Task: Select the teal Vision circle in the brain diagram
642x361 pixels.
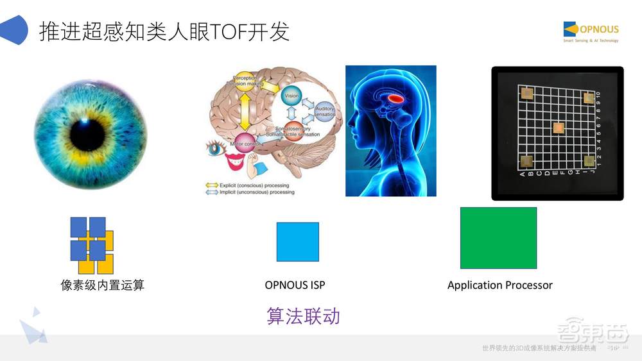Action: click(x=291, y=96)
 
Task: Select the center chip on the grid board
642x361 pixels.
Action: click(x=559, y=128)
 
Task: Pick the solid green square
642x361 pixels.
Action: click(x=498, y=238)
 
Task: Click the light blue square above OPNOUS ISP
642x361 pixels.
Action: click(x=297, y=242)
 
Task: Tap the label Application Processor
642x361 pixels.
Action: click(x=499, y=285)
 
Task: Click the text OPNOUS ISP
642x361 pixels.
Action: click(x=299, y=285)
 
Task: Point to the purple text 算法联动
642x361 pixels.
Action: click(x=303, y=316)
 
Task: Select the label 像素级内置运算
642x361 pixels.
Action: click(x=103, y=285)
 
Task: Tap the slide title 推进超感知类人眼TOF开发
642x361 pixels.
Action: click(x=164, y=31)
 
